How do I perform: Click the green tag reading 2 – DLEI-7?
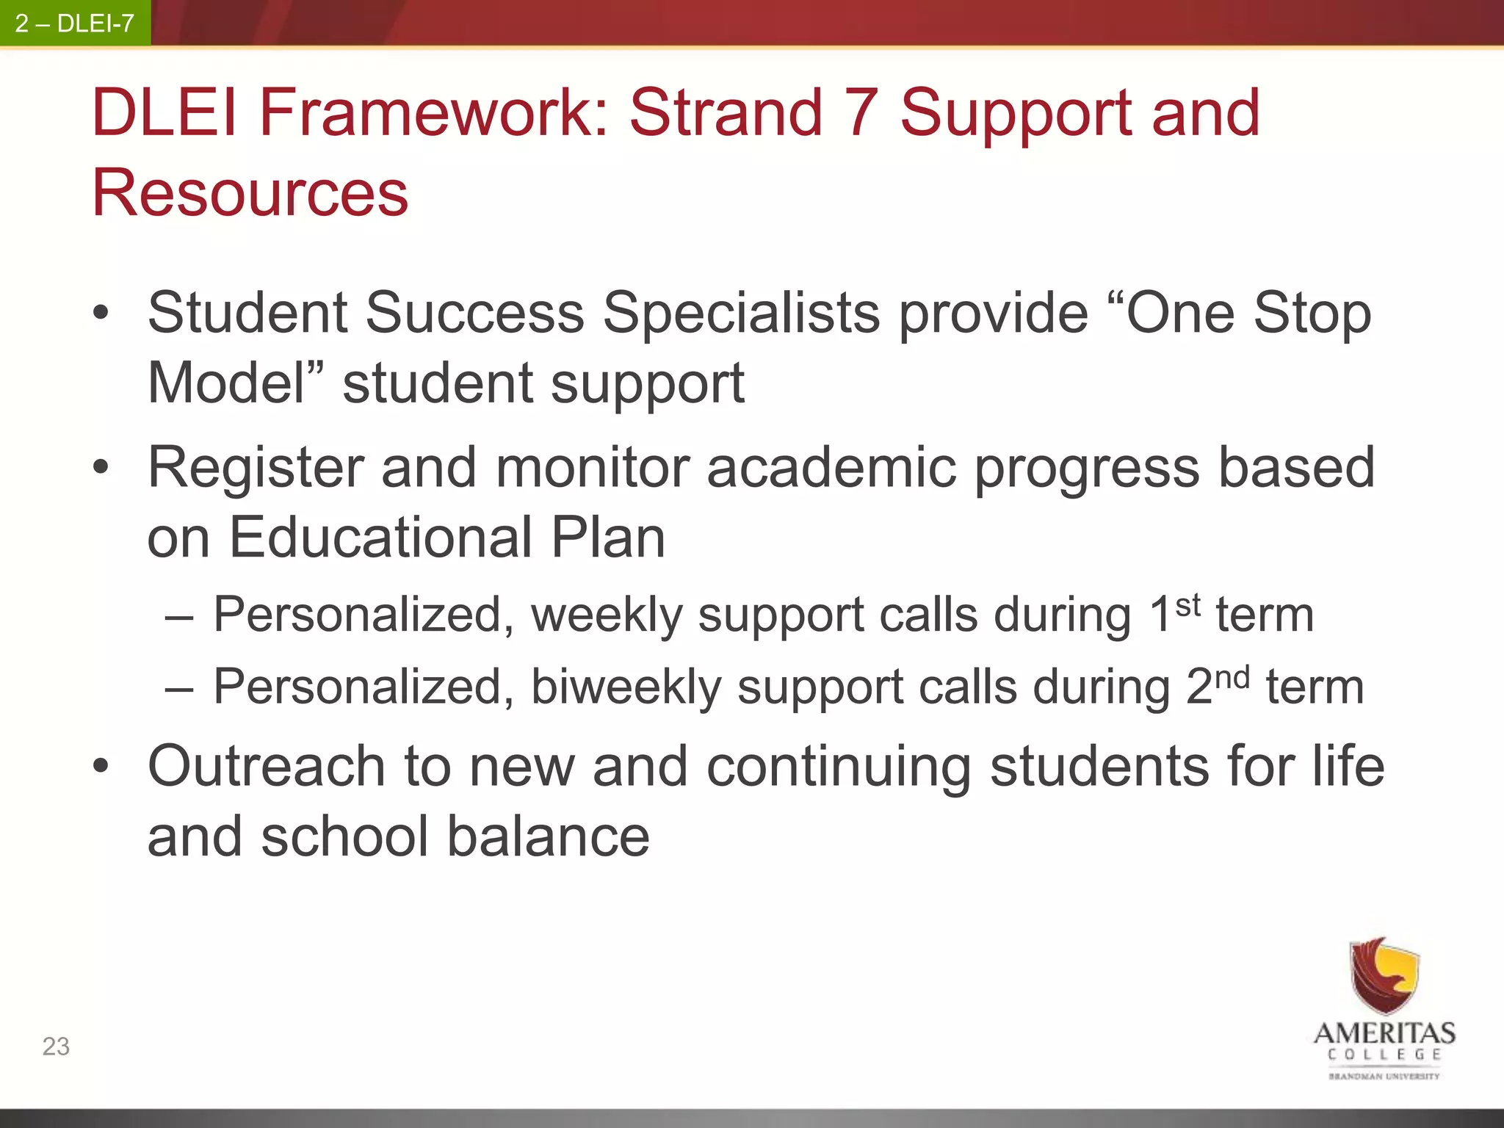click(x=75, y=23)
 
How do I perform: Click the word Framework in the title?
click(x=433, y=113)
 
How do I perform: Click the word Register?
click(x=256, y=469)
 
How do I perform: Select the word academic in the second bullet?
click(x=831, y=469)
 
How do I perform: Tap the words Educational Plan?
click(x=446, y=538)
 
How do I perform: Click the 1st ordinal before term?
click(x=1175, y=612)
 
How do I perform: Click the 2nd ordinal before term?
click(x=1218, y=684)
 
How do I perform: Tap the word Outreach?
click(x=266, y=767)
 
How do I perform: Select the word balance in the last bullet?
click(x=548, y=837)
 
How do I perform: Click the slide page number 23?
click(x=56, y=1046)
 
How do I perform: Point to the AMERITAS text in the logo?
click(x=1384, y=1033)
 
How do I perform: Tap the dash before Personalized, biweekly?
click(x=179, y=690)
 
